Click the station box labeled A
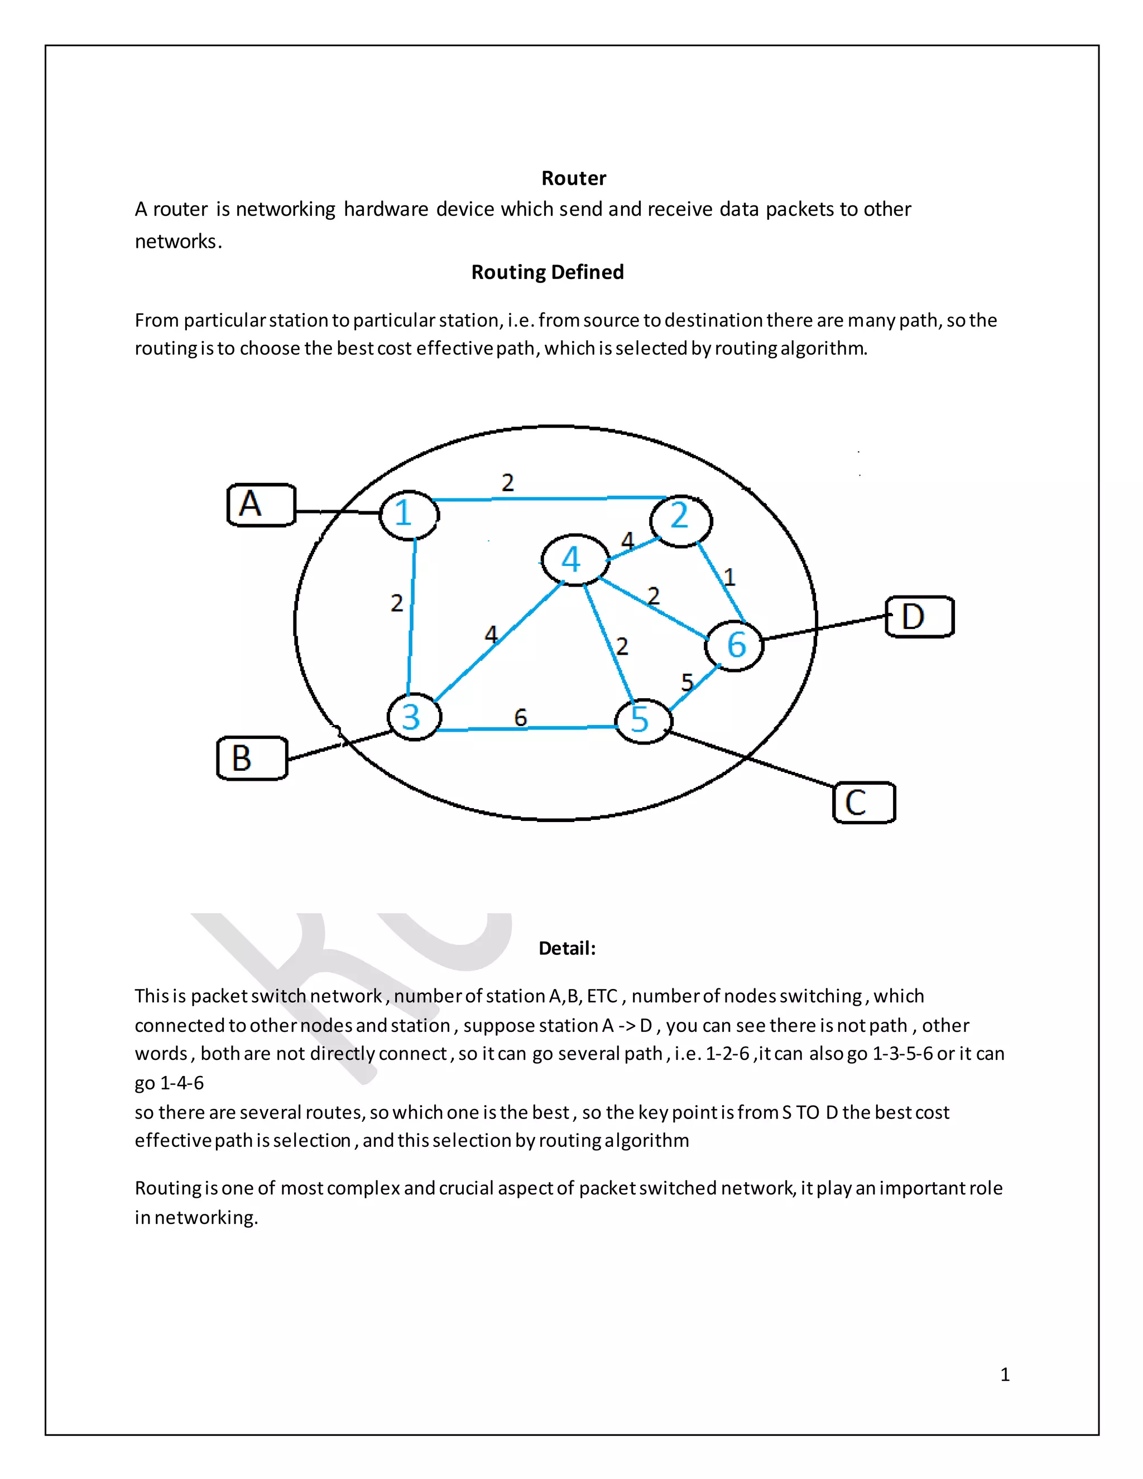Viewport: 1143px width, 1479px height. click(x=261, y=505)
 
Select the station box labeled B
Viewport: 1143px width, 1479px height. click(x=252, y=758)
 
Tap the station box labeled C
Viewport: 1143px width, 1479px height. click(x=863, y=803)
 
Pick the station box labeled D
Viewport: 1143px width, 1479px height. click(x=920, y=617)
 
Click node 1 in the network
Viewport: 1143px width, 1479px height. click(x=409, y=515)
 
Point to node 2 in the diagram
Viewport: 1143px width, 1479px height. click(x=680, y=520)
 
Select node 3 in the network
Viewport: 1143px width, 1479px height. click(x=414, y=717)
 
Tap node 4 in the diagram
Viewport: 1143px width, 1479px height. click(x=575, y=559)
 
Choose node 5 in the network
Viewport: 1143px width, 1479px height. click(x=642, y=721)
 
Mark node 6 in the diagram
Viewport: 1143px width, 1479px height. click(x=734, y=645)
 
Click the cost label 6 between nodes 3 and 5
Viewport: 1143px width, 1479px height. click(x=520, y=717)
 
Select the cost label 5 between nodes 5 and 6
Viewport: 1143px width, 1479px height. click(x=686, y=682)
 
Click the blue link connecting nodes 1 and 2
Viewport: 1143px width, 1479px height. click(x=549, y=499)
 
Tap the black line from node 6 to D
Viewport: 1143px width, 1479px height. click(x=823, y=628)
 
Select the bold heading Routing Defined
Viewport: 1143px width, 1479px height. click(x=547, y=272)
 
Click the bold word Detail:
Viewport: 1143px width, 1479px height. click(x=567, y=948)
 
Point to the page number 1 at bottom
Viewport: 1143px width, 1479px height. click(x=1005, y=1374)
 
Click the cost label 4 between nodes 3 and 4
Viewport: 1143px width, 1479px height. click(x=491, y=634)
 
